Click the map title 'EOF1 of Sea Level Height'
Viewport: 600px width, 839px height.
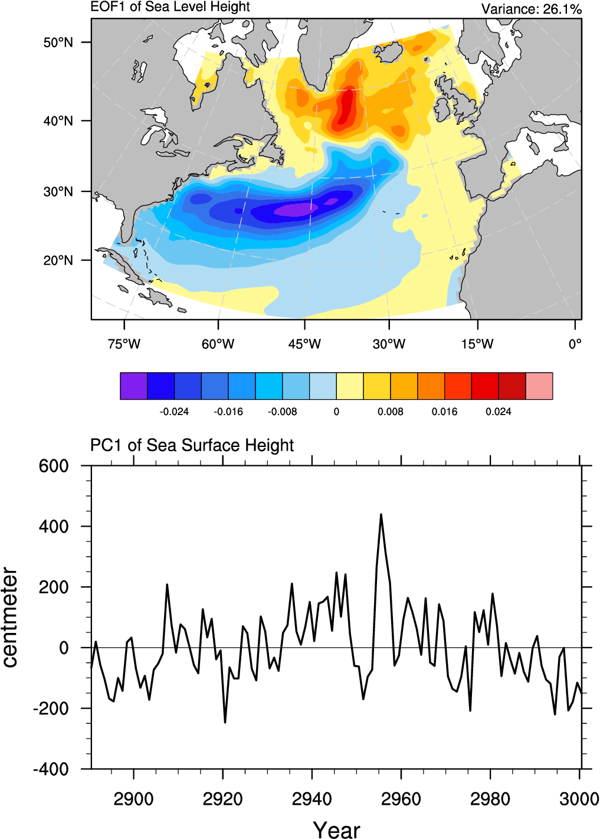[x=170, y=7]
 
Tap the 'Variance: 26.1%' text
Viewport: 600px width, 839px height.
[x=531, y=9]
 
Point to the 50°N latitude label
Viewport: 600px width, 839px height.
[x=58, y=43]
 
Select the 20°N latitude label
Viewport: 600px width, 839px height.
[x=58, y=260]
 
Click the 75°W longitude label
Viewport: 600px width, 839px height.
[x=124, y=344]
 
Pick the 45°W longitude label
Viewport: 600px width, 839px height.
[x=304, y=344]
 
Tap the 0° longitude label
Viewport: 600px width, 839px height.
[x=575, y=344]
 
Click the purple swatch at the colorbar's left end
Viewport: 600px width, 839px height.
[x=133, y=386]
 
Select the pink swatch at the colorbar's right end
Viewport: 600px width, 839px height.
[x=539, y=386]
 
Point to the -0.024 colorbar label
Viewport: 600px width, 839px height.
[x=174, y=412]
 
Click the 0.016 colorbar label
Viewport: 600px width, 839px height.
[x=444, y=412]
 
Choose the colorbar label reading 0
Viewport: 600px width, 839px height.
[x=336, y=412]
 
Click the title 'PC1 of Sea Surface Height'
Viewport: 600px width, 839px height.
[x=192, y=445]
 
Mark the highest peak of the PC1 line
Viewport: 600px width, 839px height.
[x=381, y=514]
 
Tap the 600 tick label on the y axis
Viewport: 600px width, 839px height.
[x=54, y=466]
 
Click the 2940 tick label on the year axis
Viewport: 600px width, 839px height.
[x=312, y=799]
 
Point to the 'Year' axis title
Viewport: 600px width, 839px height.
[x=336, y=830]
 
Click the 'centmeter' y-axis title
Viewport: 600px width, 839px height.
[x=10, y=618]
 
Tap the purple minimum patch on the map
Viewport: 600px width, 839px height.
[x=295, y=210]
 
